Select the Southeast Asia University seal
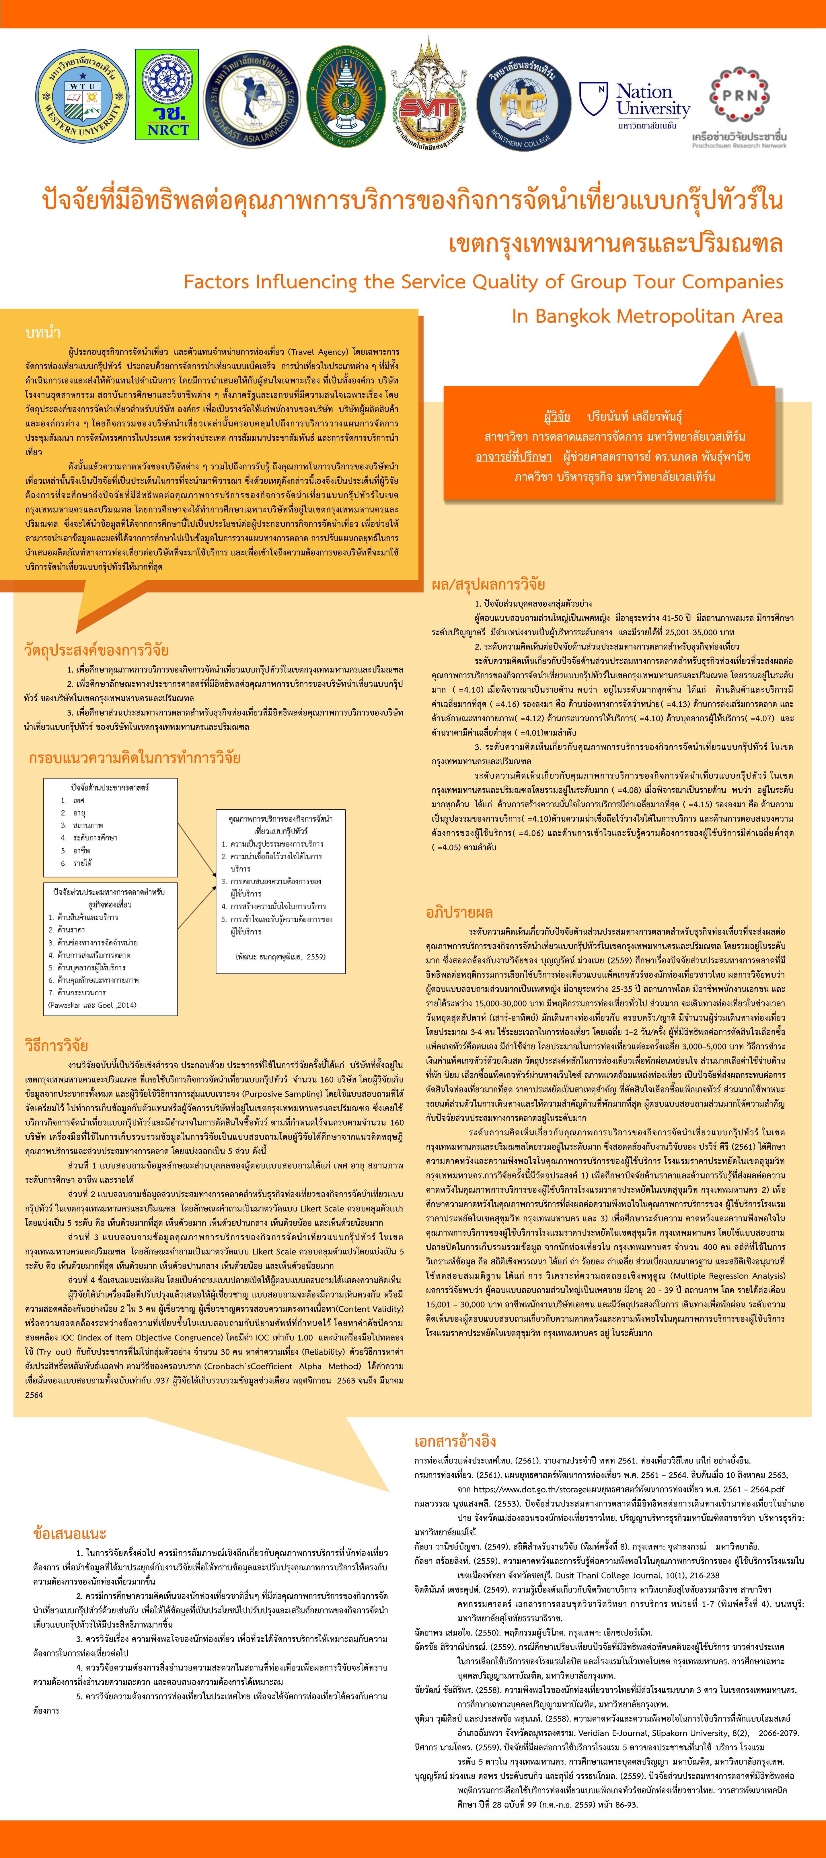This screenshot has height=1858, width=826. (252, 99)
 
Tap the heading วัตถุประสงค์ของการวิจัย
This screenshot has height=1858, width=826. (96, 650)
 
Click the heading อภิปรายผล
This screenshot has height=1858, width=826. (459, 913)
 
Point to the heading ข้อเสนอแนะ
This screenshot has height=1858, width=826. (70, 1533)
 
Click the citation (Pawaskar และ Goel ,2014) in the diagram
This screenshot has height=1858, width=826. (91, 1005)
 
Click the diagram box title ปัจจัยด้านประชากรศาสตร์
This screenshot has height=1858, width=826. (110, 787)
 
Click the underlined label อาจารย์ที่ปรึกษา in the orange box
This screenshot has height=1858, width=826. (513, 457)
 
